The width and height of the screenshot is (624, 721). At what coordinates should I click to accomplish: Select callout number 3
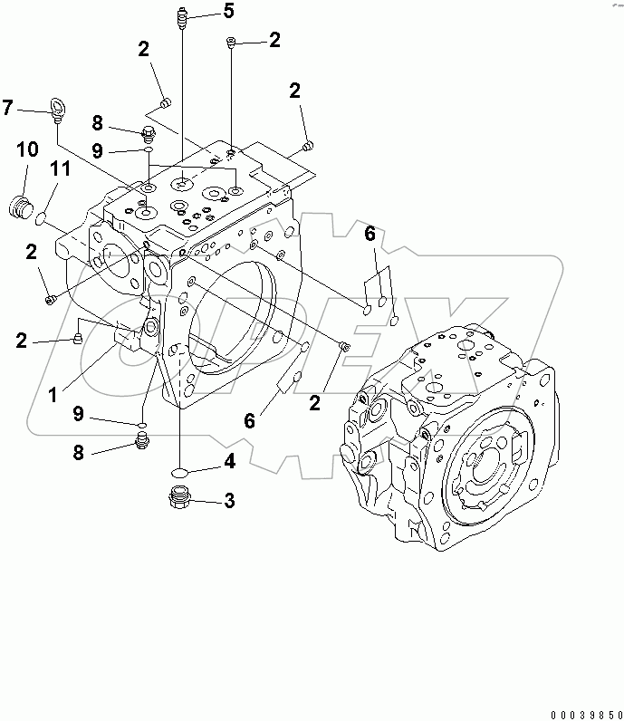coord(230,500)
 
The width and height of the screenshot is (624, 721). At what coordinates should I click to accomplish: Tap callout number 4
coord(230,463)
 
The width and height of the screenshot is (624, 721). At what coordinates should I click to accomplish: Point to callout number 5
coord(227,11)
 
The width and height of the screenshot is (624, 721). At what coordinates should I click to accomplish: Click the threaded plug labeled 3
coord(181,497)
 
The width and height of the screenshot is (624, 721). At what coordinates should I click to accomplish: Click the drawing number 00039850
coord(576,713)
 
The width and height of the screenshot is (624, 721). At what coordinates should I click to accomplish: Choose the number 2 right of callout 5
coord(274,39)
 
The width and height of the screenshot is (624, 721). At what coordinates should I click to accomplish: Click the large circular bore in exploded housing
coord(234,317)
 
